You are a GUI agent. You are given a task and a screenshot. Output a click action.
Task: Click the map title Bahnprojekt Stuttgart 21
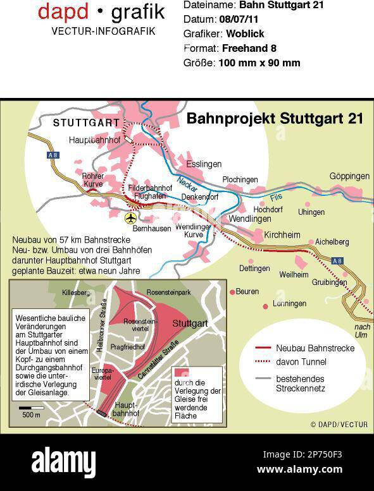[x=274, y=118]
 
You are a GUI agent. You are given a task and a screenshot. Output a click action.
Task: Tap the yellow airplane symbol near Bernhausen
[x=131, y=218]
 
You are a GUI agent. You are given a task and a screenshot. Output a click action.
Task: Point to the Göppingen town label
[x=350, y=176]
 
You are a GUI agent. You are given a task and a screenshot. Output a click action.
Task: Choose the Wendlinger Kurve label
[x=193, y=230]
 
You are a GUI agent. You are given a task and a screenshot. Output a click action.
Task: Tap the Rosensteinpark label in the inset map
[x=169, y=293]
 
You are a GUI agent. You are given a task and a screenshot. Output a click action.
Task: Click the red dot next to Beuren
[x=232, y=292]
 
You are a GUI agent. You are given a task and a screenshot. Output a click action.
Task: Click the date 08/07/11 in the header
[x=237, y=20]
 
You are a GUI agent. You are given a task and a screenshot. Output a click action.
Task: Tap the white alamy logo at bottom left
[x=63, y=462]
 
